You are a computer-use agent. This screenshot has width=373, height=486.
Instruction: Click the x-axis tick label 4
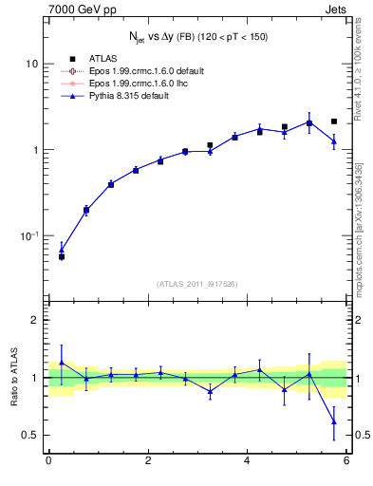click(x=247, y=461)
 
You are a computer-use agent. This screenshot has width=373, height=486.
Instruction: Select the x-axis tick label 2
click(x=147, y=461)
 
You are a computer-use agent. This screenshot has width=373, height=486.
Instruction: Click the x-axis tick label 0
click(x=48, y=461)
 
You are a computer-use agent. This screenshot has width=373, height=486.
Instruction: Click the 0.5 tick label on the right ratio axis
click(x=361, y=436)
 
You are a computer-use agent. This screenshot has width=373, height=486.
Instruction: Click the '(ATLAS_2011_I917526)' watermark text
click(x=197, y=284)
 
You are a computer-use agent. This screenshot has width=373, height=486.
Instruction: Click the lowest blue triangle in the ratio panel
click(x=333, y=421)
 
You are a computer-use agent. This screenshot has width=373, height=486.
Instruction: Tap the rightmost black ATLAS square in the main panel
click(x=333, y=121)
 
